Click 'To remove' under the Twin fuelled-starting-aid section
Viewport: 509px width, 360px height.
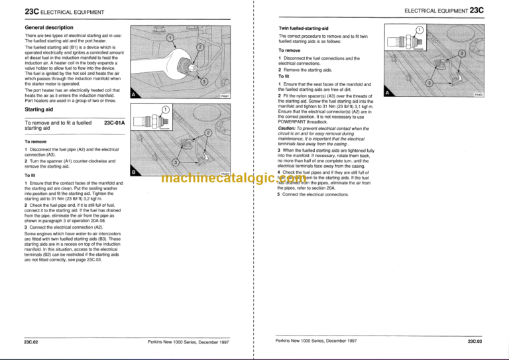(290, 50)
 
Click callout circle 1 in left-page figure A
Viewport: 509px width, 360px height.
(170, 38)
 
